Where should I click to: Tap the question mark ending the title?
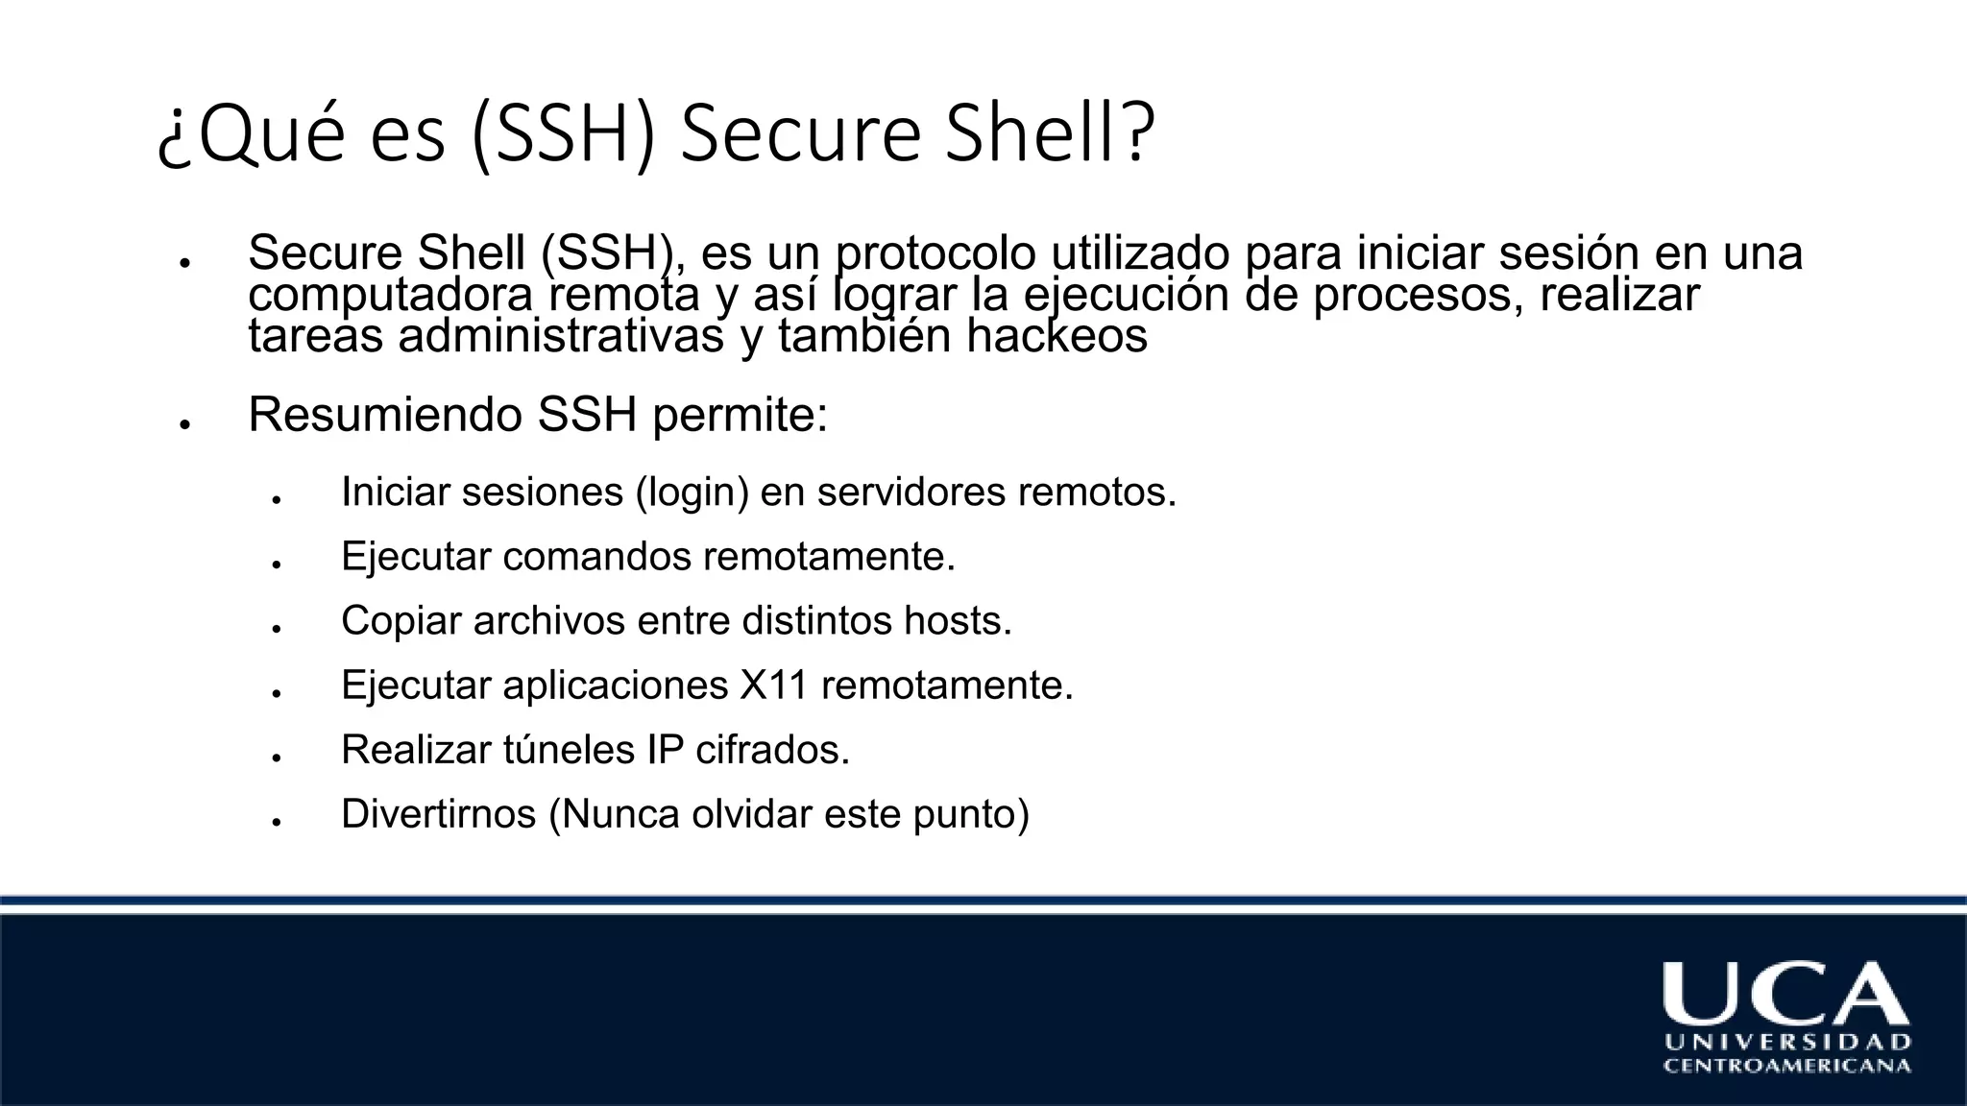tap(1137, 133)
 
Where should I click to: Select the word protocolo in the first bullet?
tap(935, 253)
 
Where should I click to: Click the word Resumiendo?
tap(384, 415)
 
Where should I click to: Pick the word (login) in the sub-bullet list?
tap(692, 493)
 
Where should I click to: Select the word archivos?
tap(548, 621)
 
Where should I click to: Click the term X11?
tap(774, 685)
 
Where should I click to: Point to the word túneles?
tap(568, 750)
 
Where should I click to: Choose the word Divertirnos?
tap(438, 814)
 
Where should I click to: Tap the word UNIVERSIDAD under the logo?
tap(1787, 1043)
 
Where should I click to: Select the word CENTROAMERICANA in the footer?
tap(1787, 1066)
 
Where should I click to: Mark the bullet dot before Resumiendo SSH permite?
tap(182, 423)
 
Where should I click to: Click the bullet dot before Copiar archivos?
tap(276, 629)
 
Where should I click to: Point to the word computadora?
tap(390, 296)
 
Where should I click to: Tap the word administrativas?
tap(562, 336)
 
